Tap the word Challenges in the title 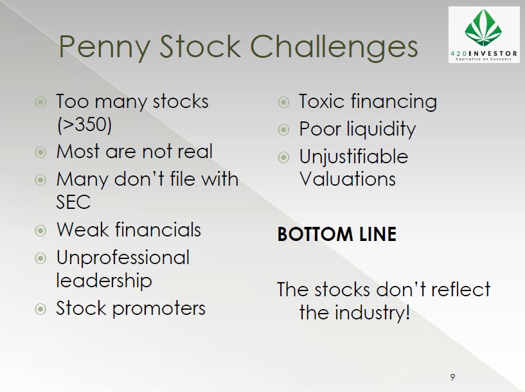coord(334,46)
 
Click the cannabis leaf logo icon coord(483,28)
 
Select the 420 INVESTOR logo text coord(484,53)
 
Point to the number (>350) coord(84,125)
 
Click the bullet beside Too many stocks coord(40,102)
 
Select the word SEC coord(73,202)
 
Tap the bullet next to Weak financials coord(40,230)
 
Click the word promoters coord(159,309)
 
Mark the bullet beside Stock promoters coord(40,308)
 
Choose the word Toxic coord(322,101)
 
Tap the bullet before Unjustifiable coord(283,157)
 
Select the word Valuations coord(348,179)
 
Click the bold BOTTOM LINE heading coord(337,234)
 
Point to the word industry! coord(372,313)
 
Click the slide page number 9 coord(452,377)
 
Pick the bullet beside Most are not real coord(40,152)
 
